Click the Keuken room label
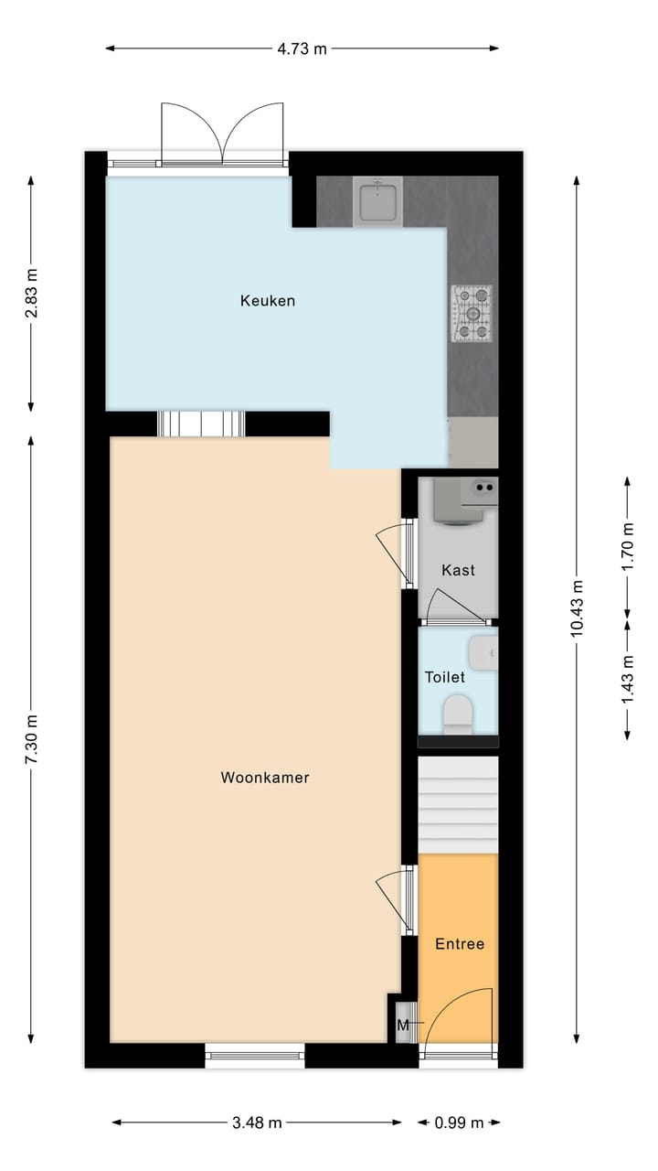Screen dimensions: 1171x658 268,300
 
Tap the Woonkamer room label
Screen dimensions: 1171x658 265,778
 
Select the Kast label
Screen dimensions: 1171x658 458,570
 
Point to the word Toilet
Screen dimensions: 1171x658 445,677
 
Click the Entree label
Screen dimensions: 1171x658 459,944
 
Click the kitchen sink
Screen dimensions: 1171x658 377,202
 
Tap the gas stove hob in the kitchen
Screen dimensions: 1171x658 472,314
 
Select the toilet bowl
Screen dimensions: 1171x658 457,714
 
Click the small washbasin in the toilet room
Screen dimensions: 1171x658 484,653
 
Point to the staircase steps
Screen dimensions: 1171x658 458,804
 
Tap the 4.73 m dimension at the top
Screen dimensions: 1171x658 302,48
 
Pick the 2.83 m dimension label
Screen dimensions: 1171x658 32,294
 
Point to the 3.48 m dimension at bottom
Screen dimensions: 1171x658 257,1123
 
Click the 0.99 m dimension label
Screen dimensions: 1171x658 459,1123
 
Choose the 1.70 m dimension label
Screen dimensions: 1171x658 628,547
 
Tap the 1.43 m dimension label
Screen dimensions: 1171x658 628,680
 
